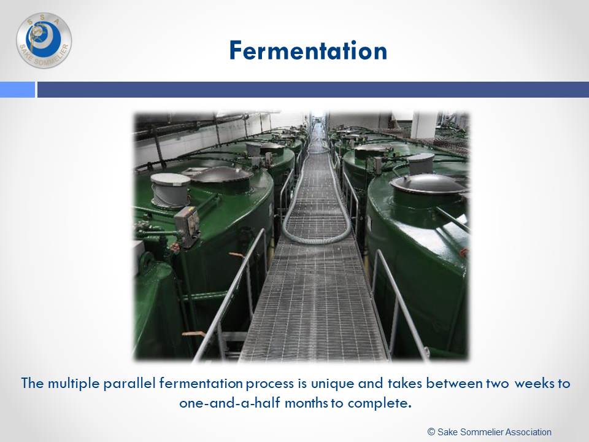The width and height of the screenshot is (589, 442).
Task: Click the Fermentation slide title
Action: (308, 51)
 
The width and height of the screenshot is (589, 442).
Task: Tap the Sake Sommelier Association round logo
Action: (44, 41)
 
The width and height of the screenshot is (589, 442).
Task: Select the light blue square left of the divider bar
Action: (17, 90)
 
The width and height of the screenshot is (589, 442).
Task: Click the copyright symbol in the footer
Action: (431, 432)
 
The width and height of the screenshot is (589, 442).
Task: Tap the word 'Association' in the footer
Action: (529, 432)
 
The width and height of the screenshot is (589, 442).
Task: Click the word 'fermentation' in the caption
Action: (201, 383)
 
